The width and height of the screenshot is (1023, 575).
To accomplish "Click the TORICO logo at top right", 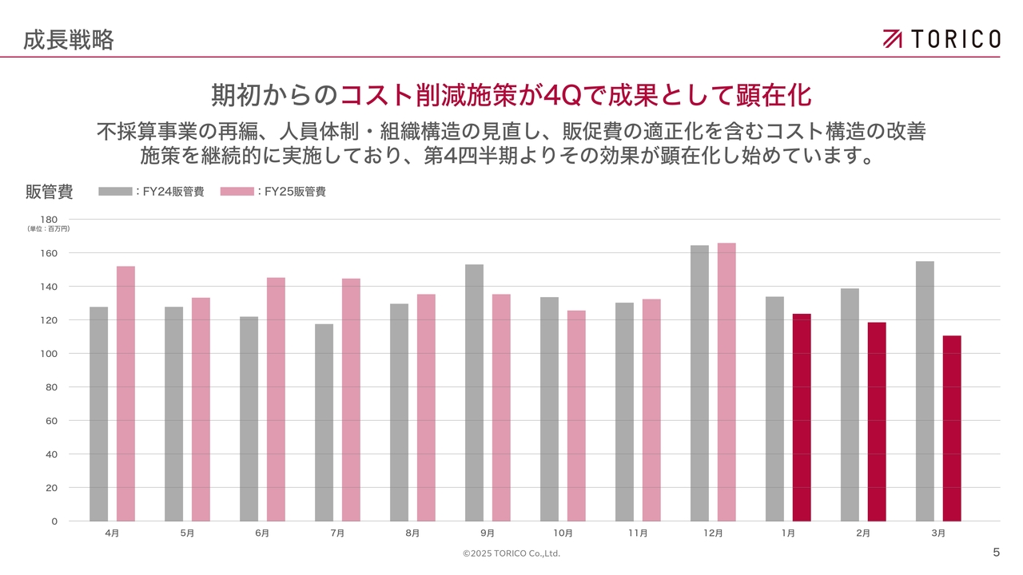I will [x=941, y=38].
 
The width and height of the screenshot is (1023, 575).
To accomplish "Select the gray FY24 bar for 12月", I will [x=699, y=383].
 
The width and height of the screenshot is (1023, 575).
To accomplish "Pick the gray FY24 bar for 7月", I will [x=324, y=422].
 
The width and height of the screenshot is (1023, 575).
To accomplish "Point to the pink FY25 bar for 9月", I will [x=501, y=407].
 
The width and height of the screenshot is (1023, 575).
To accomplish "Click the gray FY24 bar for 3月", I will [x=925, y=391].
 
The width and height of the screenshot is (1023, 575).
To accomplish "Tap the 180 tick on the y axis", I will [x=49, y=220].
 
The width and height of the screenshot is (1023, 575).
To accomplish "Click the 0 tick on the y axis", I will [x=54, y=521].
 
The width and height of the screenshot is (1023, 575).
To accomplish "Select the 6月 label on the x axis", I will [x=262, y=533].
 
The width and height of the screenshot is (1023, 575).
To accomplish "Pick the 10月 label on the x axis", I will [x=563, y=533].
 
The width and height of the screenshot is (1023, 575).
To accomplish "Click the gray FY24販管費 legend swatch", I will [x=115, y=192].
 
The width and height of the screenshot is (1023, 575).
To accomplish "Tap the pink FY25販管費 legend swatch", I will [x=237, y=192].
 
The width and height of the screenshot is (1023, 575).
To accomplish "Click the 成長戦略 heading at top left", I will [x=69, y=39].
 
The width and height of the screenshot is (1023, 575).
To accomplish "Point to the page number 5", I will [x=996, y=552].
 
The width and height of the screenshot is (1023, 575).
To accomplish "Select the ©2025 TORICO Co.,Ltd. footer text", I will [x=511, y=553].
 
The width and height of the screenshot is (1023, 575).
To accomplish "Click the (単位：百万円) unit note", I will [x=49, y=229].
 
